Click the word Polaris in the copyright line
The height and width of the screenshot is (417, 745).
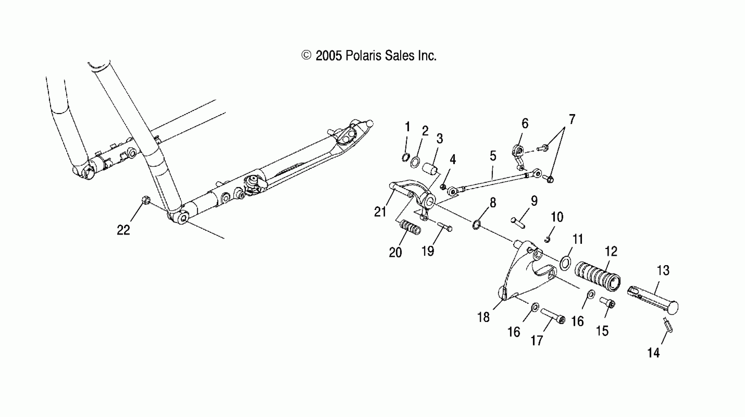pos(363,56)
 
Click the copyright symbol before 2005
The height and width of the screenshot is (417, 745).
pos(306,55)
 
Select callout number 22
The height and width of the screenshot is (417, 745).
pos(124,230)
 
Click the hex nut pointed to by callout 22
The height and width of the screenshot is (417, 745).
pos(146,200)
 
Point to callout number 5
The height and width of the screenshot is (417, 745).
pos(493,156)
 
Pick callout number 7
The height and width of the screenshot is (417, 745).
pos(572,119)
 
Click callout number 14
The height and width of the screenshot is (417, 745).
pos(653,353)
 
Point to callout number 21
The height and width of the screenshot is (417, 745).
pos(380,212)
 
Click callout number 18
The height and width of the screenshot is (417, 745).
pos(483,317)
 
